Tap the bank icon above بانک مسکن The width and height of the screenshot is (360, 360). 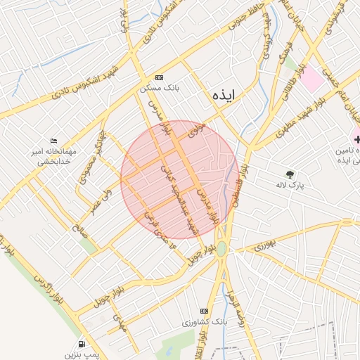[x=160, y=77]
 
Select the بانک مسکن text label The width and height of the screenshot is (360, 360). [x=160, y=89]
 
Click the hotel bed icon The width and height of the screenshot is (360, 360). [x=53, y=141]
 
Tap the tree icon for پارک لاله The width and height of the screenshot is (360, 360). [x=290, y=174]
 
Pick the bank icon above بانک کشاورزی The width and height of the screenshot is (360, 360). [x=204, y=310]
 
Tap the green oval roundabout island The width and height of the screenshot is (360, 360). [x=221, y=249]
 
